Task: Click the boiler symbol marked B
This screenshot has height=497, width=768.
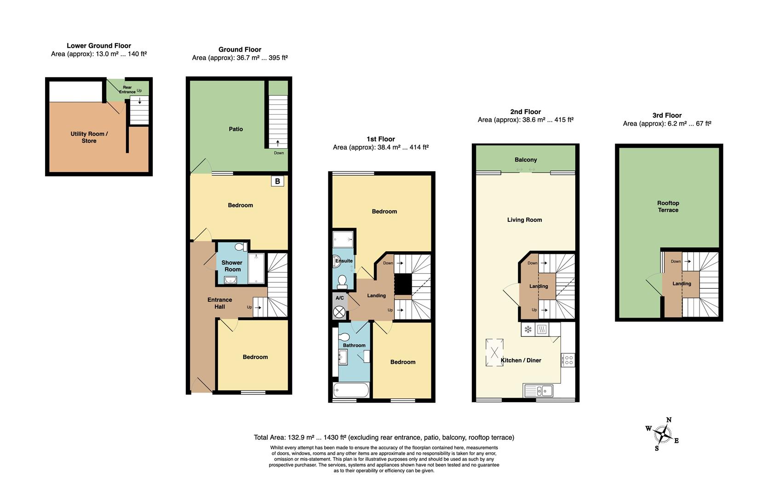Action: [x=277, y=181]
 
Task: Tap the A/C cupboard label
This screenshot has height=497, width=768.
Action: [x=339, y=298]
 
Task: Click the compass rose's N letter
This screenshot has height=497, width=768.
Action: [x=669, y=420]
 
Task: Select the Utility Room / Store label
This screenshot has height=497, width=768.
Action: [x=89, y=137]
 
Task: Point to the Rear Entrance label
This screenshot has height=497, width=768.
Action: [x=127, y=90]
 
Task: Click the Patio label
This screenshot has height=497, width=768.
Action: [x=236, y=129]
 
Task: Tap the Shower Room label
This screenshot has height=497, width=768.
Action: [x=232, y=266]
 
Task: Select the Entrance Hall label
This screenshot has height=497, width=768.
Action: [x=220, y=303]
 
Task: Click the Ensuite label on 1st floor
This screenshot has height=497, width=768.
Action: [x=344, y=261]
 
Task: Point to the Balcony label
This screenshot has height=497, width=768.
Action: [x=526, y=160]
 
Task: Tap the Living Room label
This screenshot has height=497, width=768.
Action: [x=524, y=220]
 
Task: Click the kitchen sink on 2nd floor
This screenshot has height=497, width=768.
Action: [x=539, y=391]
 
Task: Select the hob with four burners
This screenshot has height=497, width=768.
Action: [x=568, y=359]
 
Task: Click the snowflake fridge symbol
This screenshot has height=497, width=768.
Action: [x=528, y=329]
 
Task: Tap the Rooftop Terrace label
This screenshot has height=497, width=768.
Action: [x=668, y=206]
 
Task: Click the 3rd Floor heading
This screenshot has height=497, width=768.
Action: [x=667, y=115]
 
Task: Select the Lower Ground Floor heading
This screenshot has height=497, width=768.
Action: [x=99, y=46]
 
